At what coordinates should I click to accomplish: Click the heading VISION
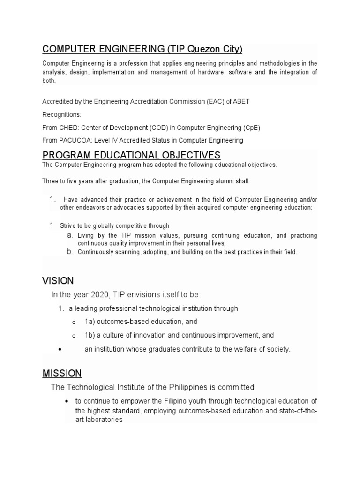(58, 281)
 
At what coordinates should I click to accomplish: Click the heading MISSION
(62, 374)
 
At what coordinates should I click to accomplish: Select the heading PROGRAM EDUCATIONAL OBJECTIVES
(131, 155)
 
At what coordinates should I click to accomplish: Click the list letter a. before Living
(70, 235)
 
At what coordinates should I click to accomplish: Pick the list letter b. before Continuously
(70, 252)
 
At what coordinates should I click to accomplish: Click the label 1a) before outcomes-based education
(90, 322)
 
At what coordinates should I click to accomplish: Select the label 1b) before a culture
(90, 335)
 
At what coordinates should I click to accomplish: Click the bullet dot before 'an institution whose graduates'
(60, 349)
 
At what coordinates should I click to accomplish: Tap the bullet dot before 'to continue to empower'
(68, 401)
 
